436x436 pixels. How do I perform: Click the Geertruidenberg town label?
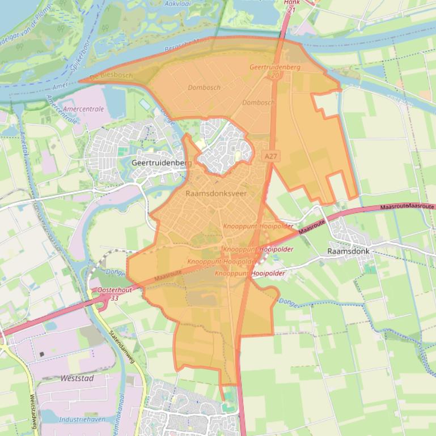tap(162, 163)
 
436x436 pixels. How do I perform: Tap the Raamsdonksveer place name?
tap(216, 193)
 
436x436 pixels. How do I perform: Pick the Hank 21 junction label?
tap(291, 6)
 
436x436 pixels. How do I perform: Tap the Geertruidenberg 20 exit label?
tap(275, 70)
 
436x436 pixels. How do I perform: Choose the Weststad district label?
tap(77, 378)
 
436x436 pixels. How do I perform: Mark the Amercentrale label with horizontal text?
tap(84, 109)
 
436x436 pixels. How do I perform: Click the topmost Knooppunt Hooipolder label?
tap(259, 226)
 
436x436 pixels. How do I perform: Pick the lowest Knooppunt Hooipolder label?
tap(249, 273)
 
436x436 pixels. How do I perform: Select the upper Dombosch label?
tap(204, 88)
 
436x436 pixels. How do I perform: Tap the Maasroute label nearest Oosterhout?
tap(167, 276)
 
